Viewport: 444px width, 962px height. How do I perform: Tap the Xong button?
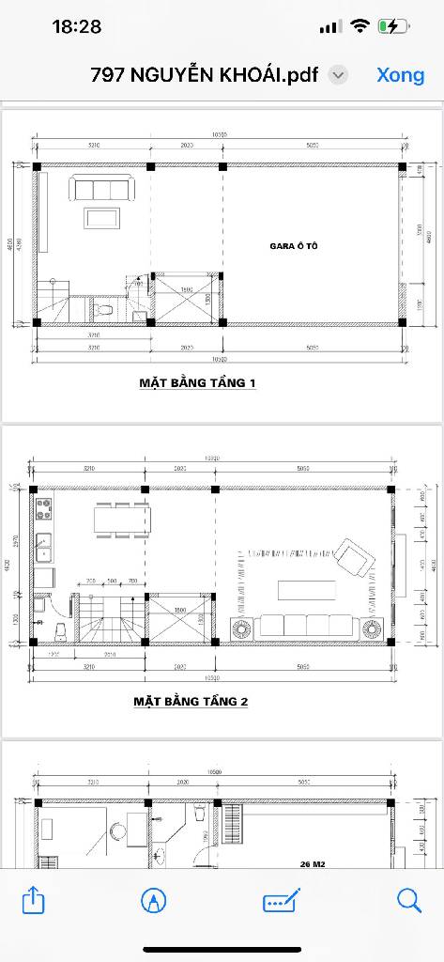(401, 75)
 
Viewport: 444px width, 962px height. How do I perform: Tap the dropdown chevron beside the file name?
(340, 75)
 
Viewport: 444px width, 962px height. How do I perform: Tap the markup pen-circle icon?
(154, 901)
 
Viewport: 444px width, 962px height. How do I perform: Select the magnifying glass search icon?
(409, 901)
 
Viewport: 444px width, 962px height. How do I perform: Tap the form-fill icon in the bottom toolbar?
(281, 901)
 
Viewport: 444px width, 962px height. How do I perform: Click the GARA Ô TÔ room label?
(295, 246)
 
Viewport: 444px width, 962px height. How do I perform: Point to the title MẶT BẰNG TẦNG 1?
(197, 383)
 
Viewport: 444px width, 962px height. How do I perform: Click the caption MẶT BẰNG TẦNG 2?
(191, 702)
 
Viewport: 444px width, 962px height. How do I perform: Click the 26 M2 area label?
(313, 862)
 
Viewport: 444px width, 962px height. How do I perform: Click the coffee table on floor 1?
(101, 218)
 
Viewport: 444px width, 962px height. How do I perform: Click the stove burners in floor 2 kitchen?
(43, 510)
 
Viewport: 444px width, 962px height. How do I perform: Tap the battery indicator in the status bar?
(390, 26)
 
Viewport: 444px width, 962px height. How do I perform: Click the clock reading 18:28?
(77, 26)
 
